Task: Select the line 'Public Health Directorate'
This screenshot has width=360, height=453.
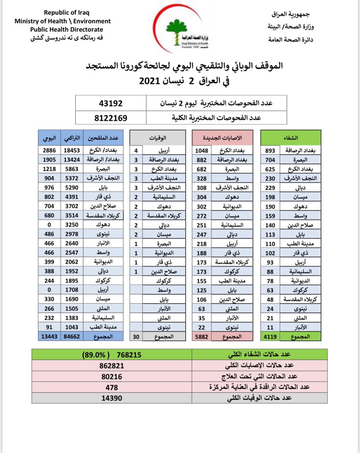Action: [66, 30]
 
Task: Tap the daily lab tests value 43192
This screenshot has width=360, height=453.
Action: [111, 103]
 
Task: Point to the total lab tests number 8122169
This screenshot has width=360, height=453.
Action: [111, 118]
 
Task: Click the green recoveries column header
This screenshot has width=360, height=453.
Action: [291, 138]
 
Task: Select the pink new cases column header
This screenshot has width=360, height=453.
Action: [222, 138]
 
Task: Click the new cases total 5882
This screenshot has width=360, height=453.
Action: [202, 337]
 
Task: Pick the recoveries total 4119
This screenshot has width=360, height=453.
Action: [270, 337]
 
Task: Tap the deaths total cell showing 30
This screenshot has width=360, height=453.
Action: [136, 337]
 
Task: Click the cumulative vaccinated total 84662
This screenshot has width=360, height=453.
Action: [72, 337]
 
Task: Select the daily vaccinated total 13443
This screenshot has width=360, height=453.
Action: [49, 337]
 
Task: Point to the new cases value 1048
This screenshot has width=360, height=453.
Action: [202, 151]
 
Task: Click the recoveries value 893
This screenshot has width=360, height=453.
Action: [270, 151]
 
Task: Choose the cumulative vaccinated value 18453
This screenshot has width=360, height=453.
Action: [72, 150]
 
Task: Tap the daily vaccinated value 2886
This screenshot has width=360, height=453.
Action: [49, 150]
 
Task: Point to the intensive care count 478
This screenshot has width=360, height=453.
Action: [112, 388]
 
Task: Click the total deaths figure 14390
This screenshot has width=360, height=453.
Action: [112, 398]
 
